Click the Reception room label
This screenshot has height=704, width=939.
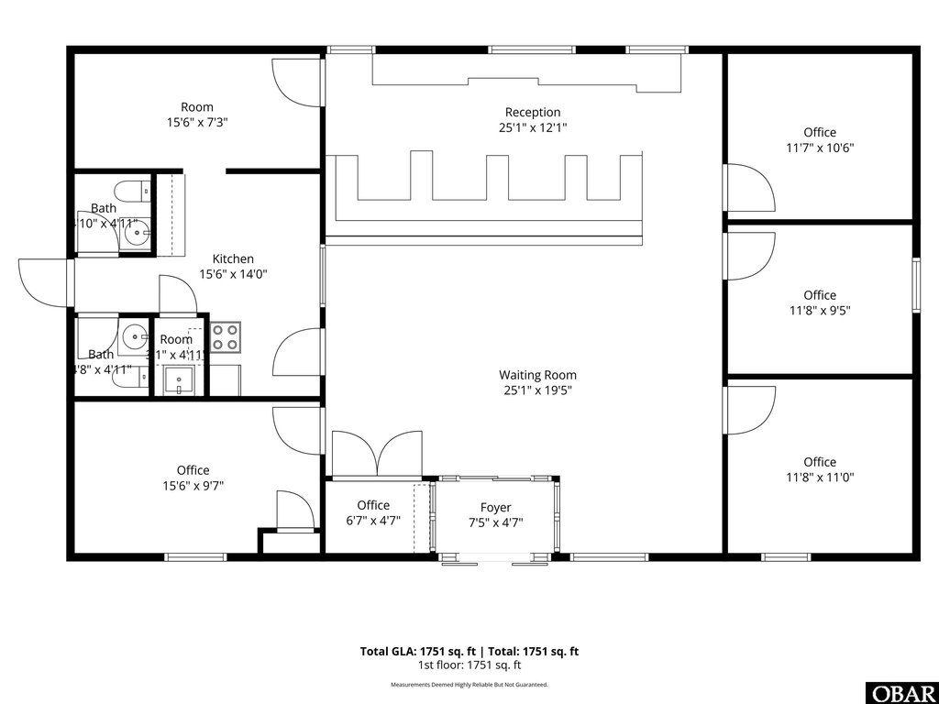tap(533, 112)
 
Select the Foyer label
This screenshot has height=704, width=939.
tap(495, 507)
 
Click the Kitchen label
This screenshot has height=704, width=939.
tap(233, 258)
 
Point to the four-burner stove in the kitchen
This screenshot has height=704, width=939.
tap(226, 337)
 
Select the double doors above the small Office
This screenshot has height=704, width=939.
tap(376, 454)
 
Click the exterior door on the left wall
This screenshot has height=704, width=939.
tap(44, 283)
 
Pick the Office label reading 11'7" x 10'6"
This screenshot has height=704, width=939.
tap(820, 132)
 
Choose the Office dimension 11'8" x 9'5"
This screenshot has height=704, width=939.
tap(820, 310)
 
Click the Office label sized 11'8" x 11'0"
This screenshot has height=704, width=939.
tap(820, 462)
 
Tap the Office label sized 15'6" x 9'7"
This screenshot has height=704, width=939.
tap(193, 470)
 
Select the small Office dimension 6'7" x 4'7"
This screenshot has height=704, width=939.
tap(373, 521)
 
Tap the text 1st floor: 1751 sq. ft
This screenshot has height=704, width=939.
tap(469, 665)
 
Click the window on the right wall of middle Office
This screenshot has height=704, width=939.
tap(915, 286)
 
